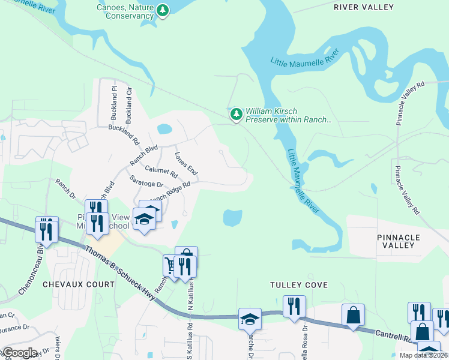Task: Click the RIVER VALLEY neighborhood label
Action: tap(364, 7)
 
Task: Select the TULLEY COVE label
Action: tap(299, 285)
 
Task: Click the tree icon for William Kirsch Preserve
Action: tap(237, 114)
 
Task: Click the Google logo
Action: tap(19, 353)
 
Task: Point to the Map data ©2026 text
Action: tap(423, 355)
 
